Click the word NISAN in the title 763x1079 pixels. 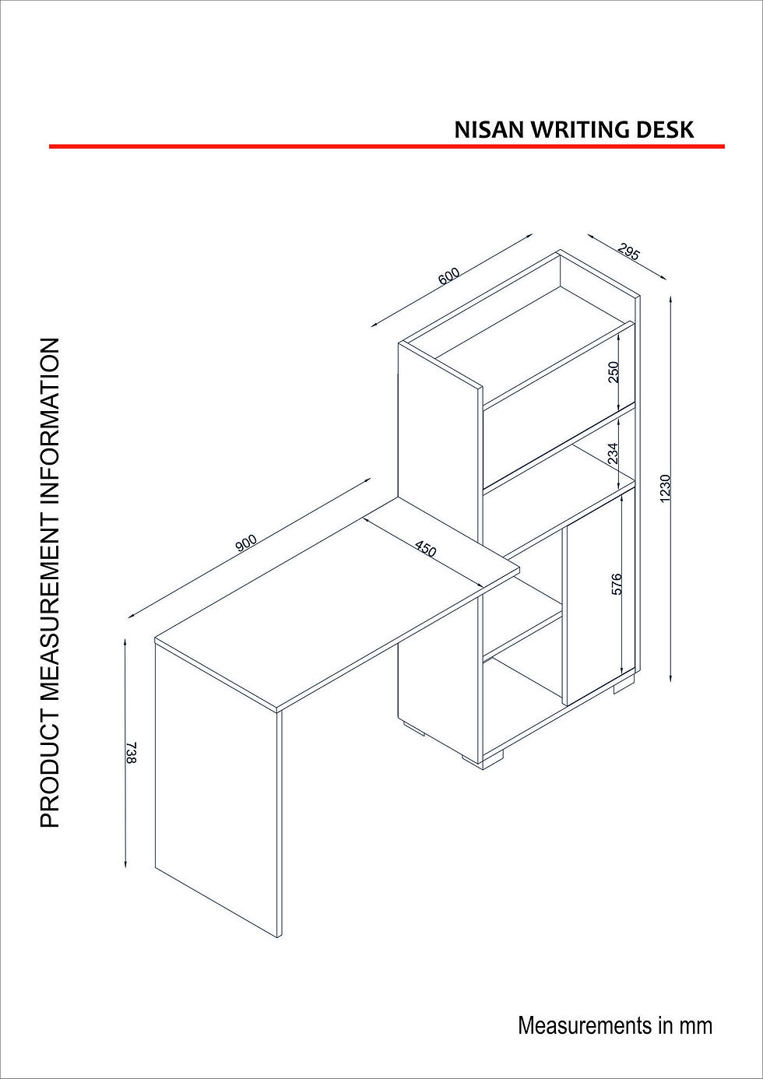coord(490,129)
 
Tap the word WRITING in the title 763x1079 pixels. coord(581,129)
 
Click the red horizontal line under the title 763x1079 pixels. coord(387,146)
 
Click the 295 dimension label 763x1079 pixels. coord(629,251)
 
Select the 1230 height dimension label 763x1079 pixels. coord(665,489)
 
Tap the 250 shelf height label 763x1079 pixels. coord(613,371)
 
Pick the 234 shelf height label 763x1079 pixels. coord(613,453)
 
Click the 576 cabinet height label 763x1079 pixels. coord(617,584)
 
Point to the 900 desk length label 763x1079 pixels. coord(246,543)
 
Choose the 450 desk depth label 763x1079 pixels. coord(426,549)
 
